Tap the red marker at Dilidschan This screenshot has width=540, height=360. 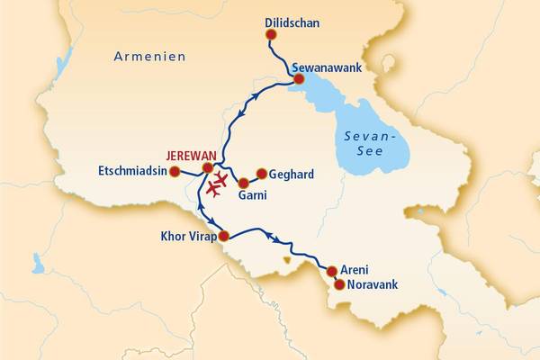pos(271,35)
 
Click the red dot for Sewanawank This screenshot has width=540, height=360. pos(299,79)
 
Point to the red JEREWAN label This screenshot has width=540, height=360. pos(192,155)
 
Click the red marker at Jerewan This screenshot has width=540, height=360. pos(208,167)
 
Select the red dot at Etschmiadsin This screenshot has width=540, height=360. pos(175,171)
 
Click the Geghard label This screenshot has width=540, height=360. pos(292,173)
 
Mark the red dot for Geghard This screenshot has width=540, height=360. pos(262,174)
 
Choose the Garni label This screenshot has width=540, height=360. pos(253,195)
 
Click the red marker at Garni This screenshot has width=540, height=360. pos(243,183)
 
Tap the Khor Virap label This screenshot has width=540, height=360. pos(187,240)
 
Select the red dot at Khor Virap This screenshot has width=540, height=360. pos(223,236)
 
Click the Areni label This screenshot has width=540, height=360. pos(355,268)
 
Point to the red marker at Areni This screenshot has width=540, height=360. pos(331,271)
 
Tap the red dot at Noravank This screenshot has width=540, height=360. pos(339,284)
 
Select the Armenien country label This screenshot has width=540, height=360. pos(149,56)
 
